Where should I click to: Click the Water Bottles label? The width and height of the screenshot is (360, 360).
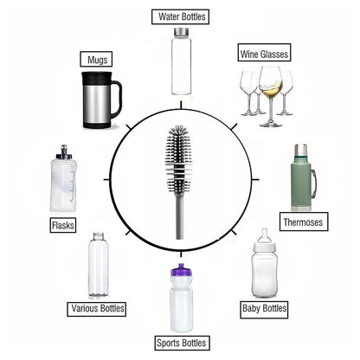183,16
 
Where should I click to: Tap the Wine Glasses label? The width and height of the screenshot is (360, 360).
264,55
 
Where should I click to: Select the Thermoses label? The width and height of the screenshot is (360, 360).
303,222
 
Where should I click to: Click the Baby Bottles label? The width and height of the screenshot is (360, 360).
264,307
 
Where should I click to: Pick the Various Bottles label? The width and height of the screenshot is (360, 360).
97,308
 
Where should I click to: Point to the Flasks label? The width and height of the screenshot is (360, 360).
62,225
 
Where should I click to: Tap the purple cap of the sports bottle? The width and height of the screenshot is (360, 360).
183,275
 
